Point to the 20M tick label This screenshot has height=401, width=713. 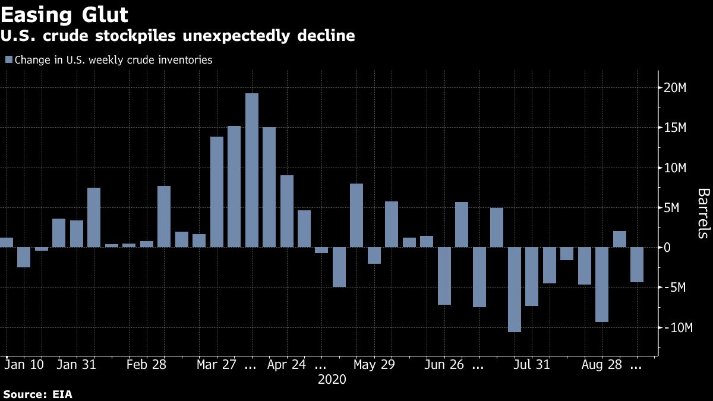[x=675, y=89]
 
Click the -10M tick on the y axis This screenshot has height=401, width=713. [x=676, y=328]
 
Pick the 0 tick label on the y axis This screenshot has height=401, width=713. [x=668, y=248]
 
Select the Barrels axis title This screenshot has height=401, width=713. [x=703, y=213]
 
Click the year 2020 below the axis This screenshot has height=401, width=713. [x=332, y=379]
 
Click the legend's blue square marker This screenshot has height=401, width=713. [x=8, y=60]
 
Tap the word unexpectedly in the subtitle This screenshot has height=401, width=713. [x=232, y=36]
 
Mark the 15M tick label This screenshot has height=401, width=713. [x=675, y=128]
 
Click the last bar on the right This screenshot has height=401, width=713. [x=637, y=265]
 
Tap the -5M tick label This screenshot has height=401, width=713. [x=676, y=288]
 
